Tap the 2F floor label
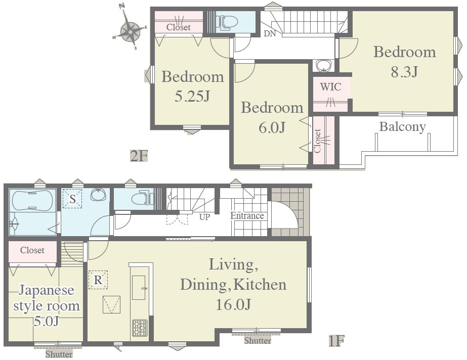click(x=139, y=156)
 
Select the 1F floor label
click(x=336, y=340)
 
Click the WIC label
click(x=330, y=87)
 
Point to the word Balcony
click(x=402, y=127)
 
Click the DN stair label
click(x=270, y=33)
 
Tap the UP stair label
click(x=204, y=217)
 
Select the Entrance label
click(x=247, y=216)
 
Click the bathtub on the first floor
click(x=32, y=200)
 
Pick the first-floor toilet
click(x=142, y=198)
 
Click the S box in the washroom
click(x=72, y=199)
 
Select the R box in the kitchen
click(x=98, y=280)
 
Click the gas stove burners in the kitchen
click(x=140, y=328)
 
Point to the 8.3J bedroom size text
click(x=405, y=71)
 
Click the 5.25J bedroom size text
click(x=192, y=96)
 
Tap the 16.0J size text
click(x=233, y=304)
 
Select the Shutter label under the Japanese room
click(x=59, y=354)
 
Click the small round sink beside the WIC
click(x=323, y=65)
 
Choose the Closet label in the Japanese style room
click(x=32, y=250)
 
